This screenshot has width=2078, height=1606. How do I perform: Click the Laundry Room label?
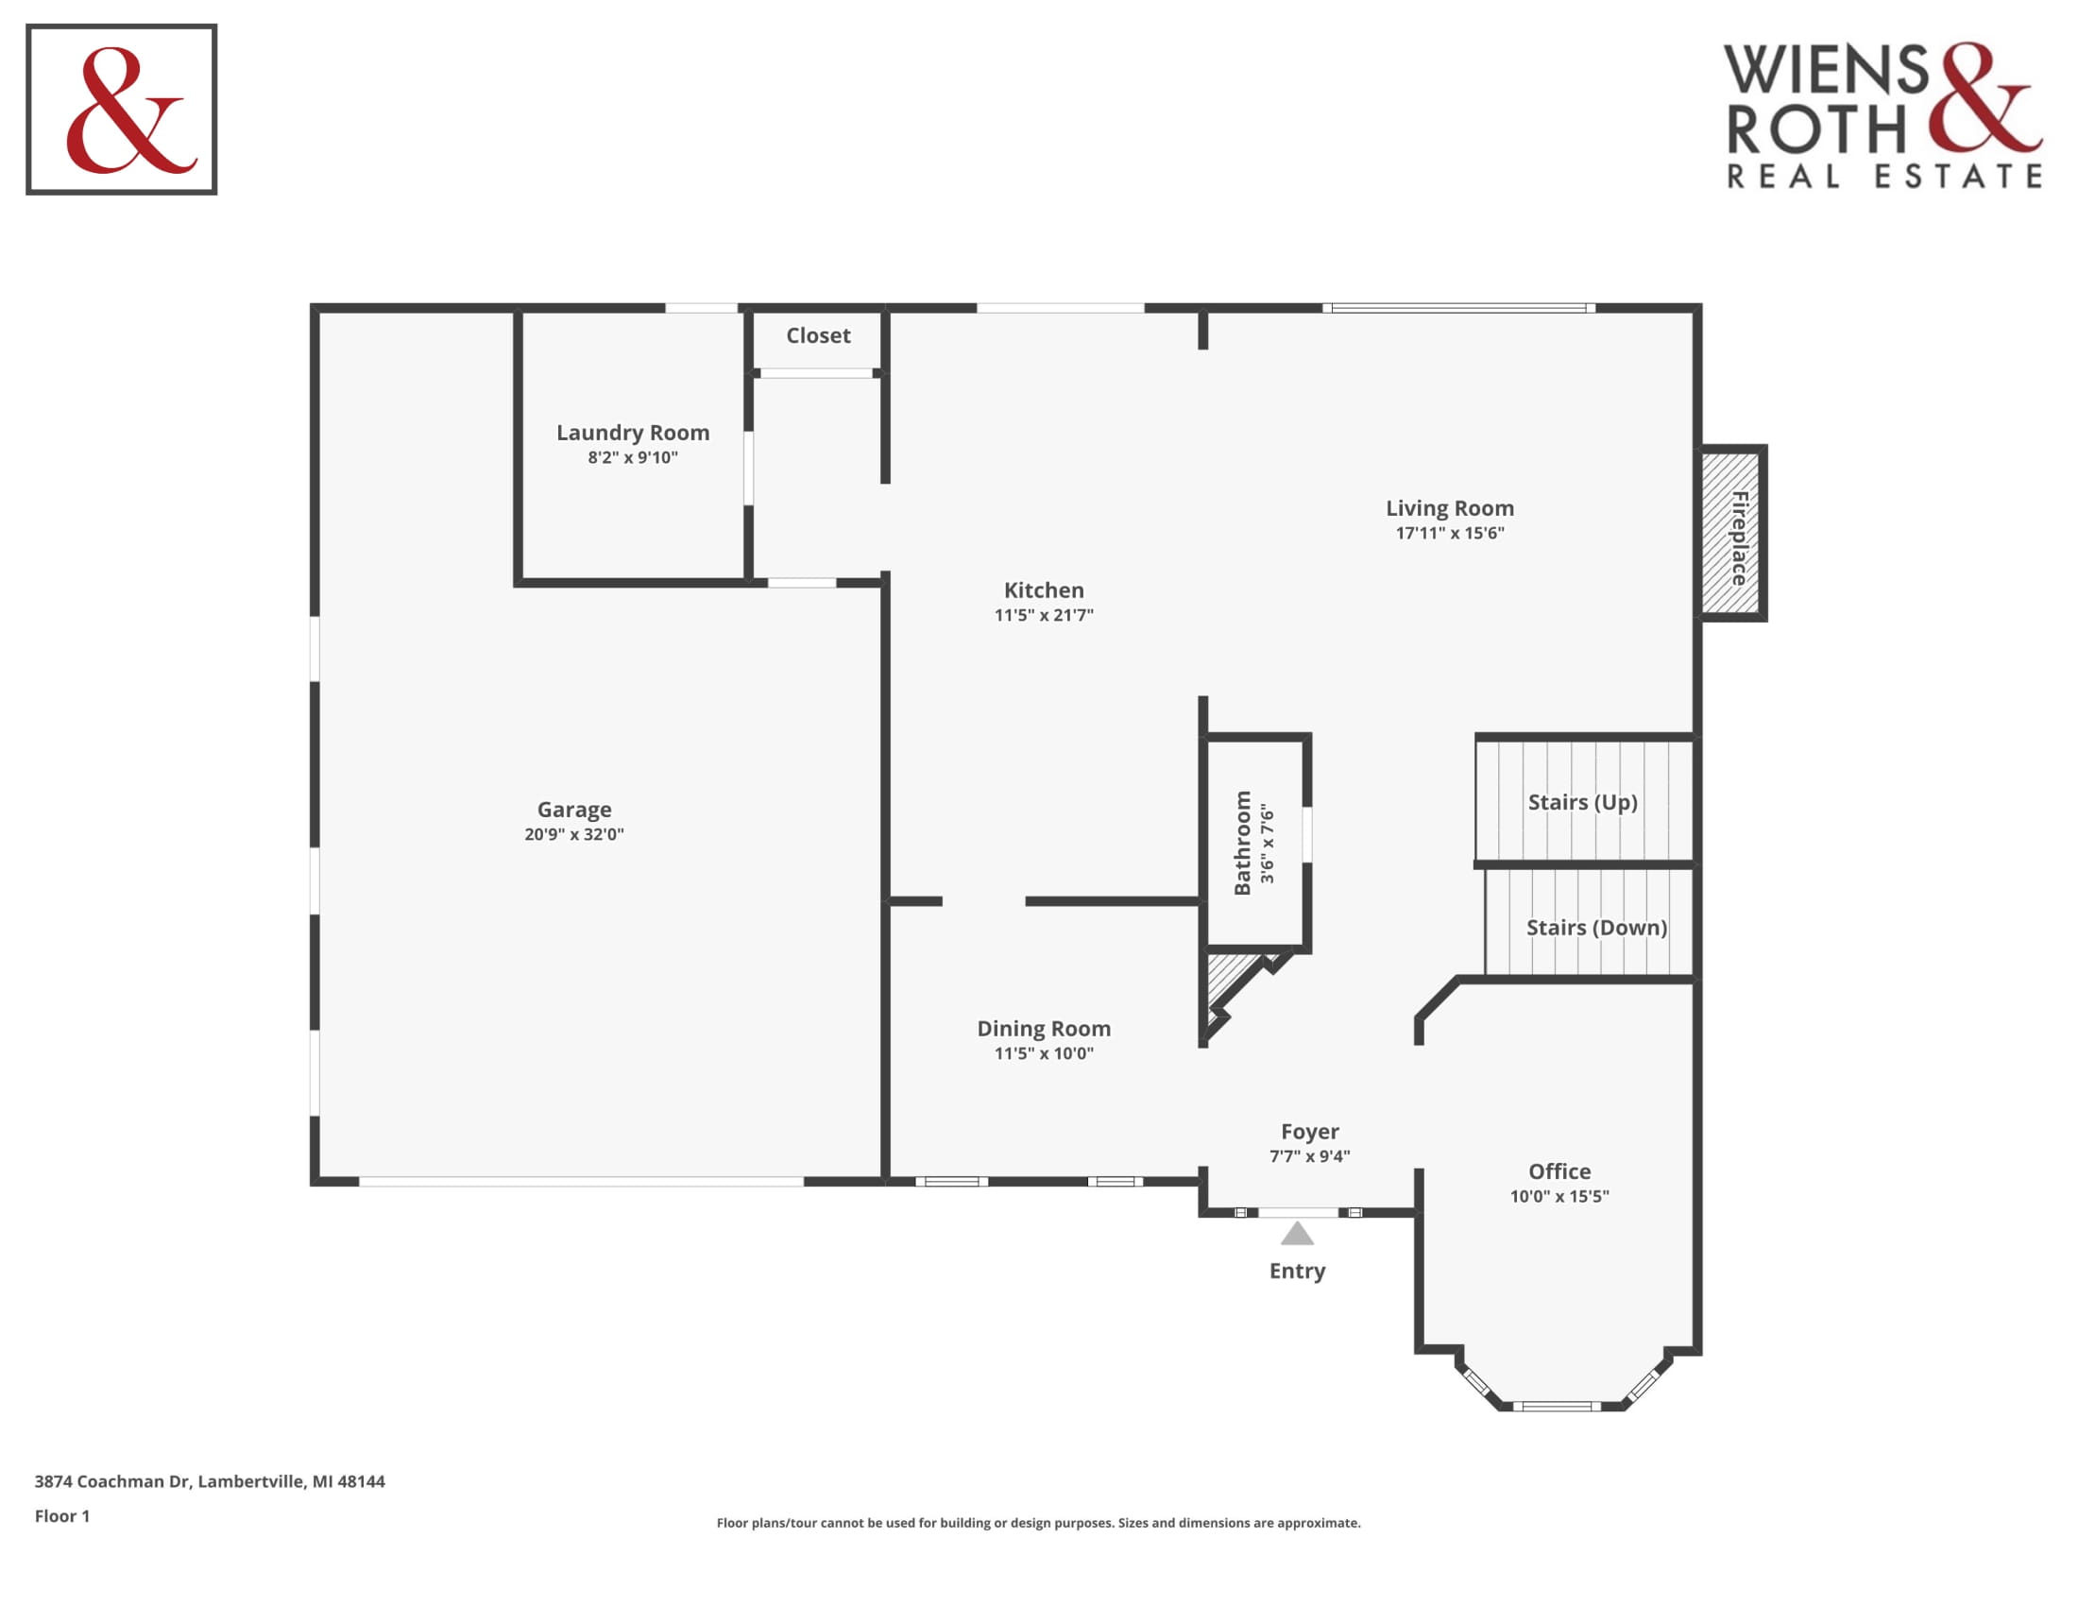point(633,433)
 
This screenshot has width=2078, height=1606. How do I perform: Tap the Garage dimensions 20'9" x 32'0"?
point(573,834)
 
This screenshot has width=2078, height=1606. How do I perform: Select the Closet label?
point(818,336)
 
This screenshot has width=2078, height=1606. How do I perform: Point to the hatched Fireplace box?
point(1731,533)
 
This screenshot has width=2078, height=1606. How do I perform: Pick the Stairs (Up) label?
point(1582,802)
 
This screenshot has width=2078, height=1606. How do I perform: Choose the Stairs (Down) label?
point(1596,928)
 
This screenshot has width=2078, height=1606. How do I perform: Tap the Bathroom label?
point(1242,843)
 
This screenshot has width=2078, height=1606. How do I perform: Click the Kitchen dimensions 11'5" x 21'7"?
point(1044,616)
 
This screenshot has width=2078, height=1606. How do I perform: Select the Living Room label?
point(1449,509)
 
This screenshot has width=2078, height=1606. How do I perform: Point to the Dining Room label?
point(1044,1029)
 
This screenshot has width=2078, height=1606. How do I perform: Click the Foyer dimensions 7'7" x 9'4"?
point(1309,1156)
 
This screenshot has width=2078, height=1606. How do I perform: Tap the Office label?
point(1559,1171)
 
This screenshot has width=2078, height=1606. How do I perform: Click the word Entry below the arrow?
point(1297,1271)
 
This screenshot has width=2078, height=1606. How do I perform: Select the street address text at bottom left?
point(210,1481)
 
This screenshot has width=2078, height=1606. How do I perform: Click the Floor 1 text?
point(61,1515)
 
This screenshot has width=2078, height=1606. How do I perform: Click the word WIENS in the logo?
point(1826,70)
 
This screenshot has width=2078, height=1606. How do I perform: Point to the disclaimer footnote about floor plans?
point(1038,1522)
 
